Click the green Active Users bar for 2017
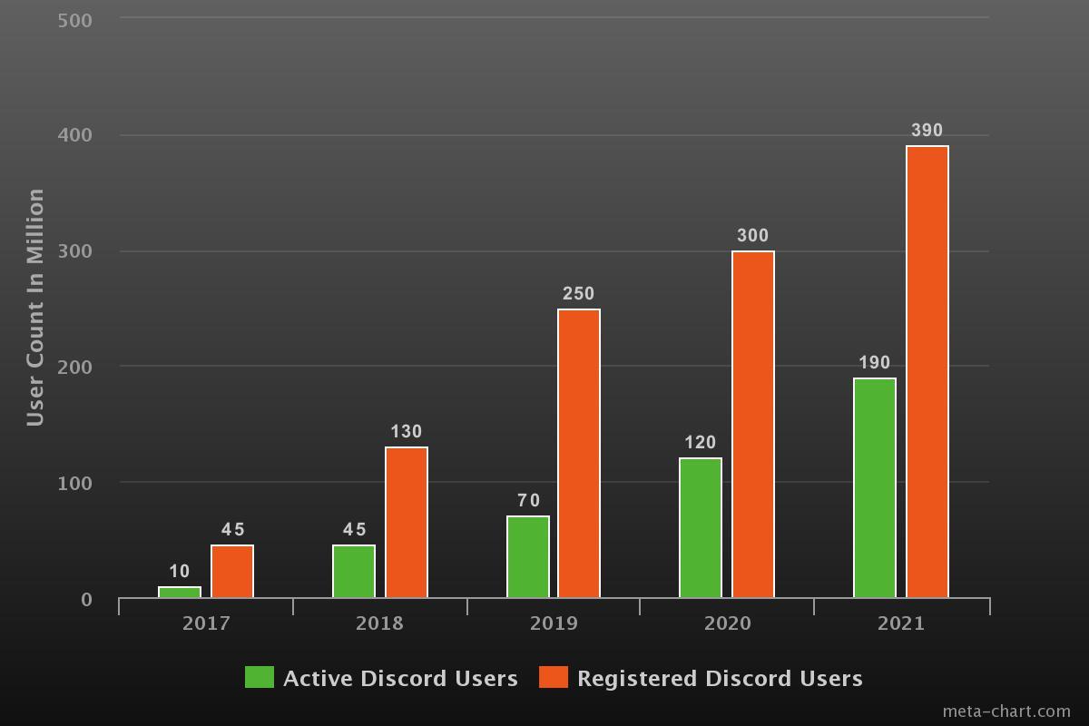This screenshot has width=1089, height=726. click(180, 593)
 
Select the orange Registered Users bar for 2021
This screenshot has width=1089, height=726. click(927, 372)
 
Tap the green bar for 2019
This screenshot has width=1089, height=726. click(528, 557)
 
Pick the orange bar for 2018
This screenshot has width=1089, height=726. click(407, 523)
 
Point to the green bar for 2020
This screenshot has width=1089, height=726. click(701, 528)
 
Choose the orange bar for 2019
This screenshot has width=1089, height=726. click(579, 454)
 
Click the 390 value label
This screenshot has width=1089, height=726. click(927, 131)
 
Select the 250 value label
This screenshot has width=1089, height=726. click(578, 294)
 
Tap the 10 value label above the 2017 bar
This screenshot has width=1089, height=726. click(180, 572)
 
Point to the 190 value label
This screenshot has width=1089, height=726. click(874, 363)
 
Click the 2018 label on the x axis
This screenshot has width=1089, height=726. click(379, 623)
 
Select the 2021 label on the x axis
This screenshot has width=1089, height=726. click(901, 623)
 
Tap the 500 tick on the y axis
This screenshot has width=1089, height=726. click(74, 20)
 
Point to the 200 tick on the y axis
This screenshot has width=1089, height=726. click(74, 368)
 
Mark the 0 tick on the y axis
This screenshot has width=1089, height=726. click(86, 599)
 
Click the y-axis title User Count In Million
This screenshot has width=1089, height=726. click(35, 308)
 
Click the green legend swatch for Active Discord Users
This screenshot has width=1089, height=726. click(260, 677)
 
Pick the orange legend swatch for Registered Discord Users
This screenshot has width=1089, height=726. click(554, 677)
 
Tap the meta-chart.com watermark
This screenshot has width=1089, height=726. click(1006, 711)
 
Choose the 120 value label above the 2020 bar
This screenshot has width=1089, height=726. click(700, 443)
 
